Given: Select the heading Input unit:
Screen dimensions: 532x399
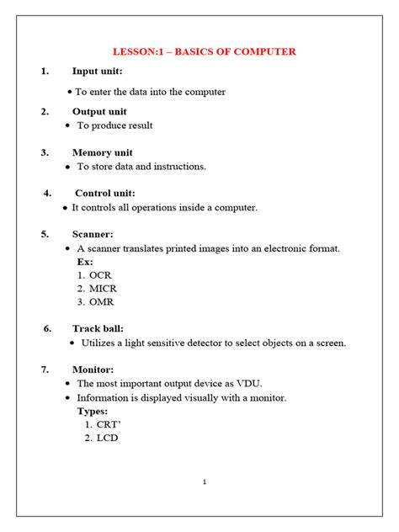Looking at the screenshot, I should pyautogui.click(x=98, y=72).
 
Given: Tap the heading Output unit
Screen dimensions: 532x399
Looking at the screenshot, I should pyautogui.click(x=99, y=111).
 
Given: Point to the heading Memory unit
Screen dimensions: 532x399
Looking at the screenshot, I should pyautogui.click(x=103, y=152).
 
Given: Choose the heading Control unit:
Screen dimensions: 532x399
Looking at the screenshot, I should pyautogui.click(x=104, y=193).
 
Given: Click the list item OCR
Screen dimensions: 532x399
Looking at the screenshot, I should pyautogui.click(x=100, y=275).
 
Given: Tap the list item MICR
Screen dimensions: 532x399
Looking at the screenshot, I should pyautogui.click(x=103, y=289).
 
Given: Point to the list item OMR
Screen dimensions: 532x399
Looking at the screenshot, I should pyautogui.click(x=101, y=302).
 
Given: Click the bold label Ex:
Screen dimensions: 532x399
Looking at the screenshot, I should pyautogui.click(x=85, y=262).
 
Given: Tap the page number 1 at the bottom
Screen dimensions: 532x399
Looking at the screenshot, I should pyautogui.click(x=205, y=482).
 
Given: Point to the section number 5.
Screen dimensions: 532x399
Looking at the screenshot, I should pyautogui.click(x=45, y=234).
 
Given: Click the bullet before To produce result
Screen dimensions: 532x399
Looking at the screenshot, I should pyautogui.click(x=67, y=125).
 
